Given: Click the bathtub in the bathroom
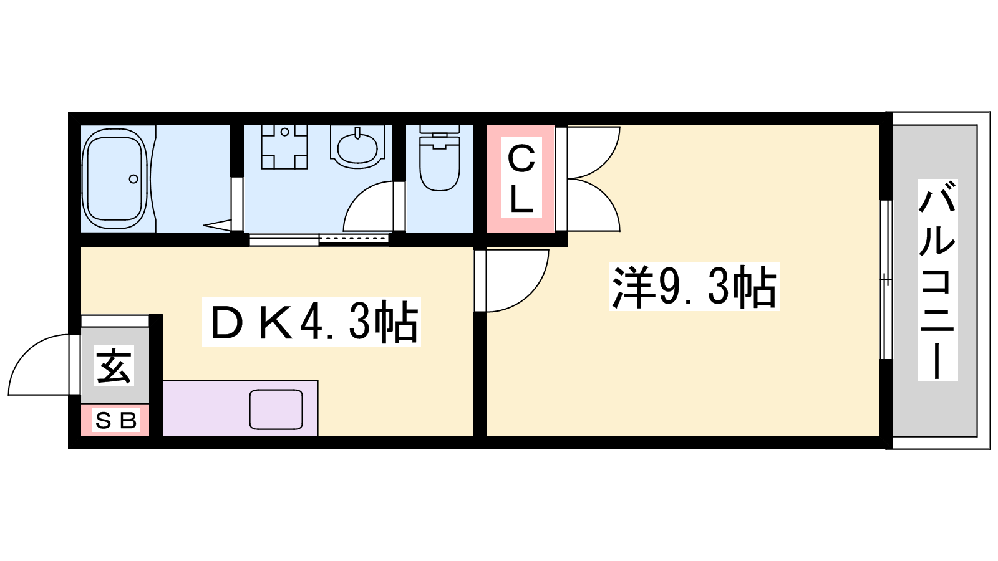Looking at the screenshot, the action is (x=115, y=178).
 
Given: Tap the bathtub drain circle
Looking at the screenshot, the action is (x=133, y=179).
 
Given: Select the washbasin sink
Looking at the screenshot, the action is (x=357, y=147).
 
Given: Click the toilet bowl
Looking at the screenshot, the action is (x=440, y=164).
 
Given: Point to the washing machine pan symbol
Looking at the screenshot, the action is (x=284, y=147).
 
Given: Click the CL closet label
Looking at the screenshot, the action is (x=521, y=178).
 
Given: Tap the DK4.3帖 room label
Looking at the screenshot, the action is (x=311, y=322).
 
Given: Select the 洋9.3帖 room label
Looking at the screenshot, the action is (x=694, y=286).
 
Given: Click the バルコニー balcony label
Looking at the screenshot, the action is (x=937, y=280).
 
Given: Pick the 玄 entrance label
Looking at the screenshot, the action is (x=114, y=365).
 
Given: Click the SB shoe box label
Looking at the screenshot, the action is (x=116, y=420).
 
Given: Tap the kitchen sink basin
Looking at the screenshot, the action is (x=276, y=410).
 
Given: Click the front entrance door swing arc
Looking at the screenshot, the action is (x=39, y=365).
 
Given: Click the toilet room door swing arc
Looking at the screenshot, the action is (x=368, y=206).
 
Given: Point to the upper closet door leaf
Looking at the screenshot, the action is (x=593, y=152).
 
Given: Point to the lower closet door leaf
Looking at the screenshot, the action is (x=593, y=205).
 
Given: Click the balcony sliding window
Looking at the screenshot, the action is (x=887, y=280).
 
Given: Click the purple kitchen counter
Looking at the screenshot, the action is (x=240, y=408).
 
